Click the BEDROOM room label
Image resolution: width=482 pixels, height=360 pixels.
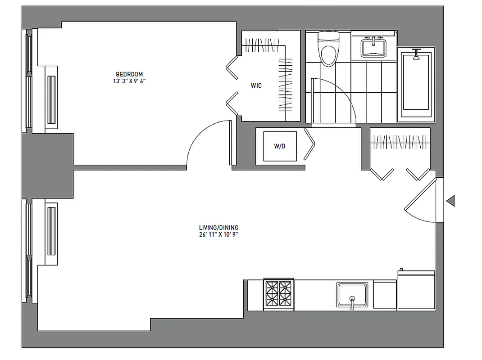coord(129,74)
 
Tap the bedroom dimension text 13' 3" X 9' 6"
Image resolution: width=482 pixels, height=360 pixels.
coord(129,81)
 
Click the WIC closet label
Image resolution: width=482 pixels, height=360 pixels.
coord(256,85)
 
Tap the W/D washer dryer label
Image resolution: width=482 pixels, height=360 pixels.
coord(279,146)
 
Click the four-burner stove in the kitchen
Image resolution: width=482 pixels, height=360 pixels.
coord(278,294)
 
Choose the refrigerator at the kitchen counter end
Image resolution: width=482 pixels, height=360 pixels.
coord(416,290)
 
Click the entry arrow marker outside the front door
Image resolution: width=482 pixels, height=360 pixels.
coord(450,201)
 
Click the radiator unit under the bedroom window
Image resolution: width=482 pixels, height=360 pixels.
coord(52,97)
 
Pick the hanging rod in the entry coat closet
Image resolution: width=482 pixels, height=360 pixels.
coord(400,143)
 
